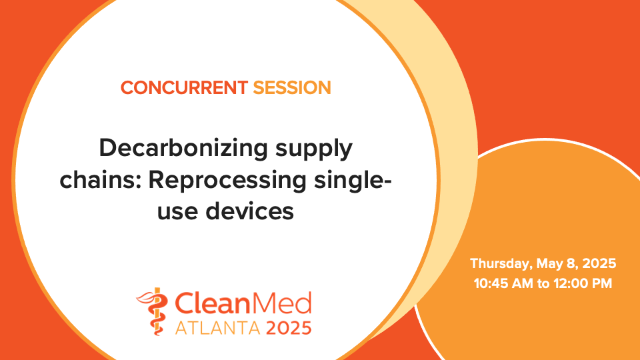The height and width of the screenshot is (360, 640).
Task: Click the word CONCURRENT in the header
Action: click(x=184, y=87)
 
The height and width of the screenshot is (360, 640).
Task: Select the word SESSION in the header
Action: click(x=292, y=87)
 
